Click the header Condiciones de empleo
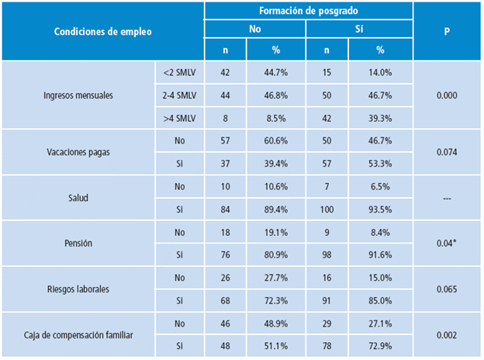coord(102,32)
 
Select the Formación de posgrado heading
coord(308,12)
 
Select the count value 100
coord(327,209)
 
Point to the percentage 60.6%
coord(276,141)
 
